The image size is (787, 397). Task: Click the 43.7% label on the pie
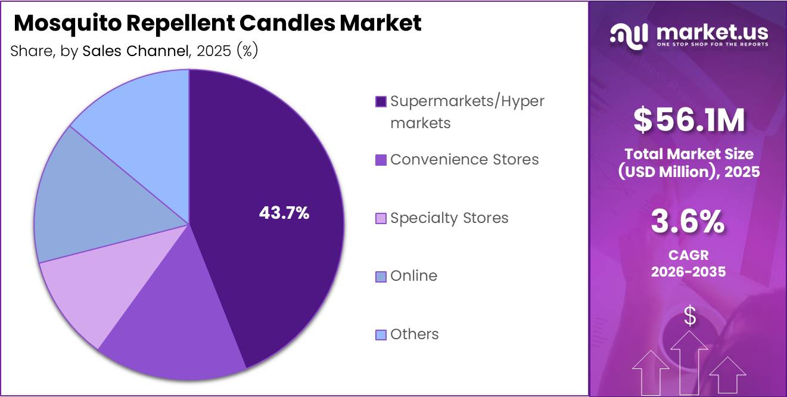(284, 213)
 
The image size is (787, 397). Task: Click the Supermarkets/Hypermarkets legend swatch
(381, 101)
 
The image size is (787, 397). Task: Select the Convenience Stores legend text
(464, 160)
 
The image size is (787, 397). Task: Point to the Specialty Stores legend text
(449, 218)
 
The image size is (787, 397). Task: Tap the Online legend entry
(413, 276)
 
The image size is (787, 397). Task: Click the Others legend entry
(414, 334)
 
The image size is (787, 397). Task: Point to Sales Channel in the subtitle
(134, 51)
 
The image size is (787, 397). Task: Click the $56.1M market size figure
(689, 120)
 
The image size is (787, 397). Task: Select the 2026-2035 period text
(689, 272)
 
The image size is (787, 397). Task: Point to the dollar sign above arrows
(689, 316)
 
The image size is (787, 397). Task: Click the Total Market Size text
(689, 154)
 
